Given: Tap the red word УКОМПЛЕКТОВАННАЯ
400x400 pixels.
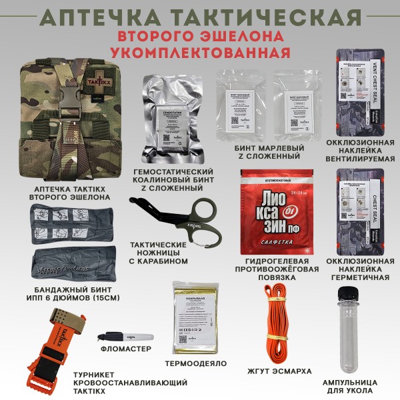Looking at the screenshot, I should [x=200, y=52].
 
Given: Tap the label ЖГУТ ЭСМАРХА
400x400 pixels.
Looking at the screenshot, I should [x=278, y=371].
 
